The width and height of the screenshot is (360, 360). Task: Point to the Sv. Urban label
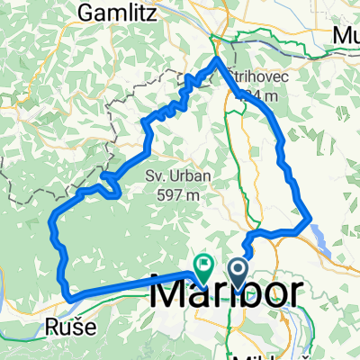[x=168, y=177]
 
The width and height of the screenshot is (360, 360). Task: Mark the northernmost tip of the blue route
[x=217, y=58]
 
